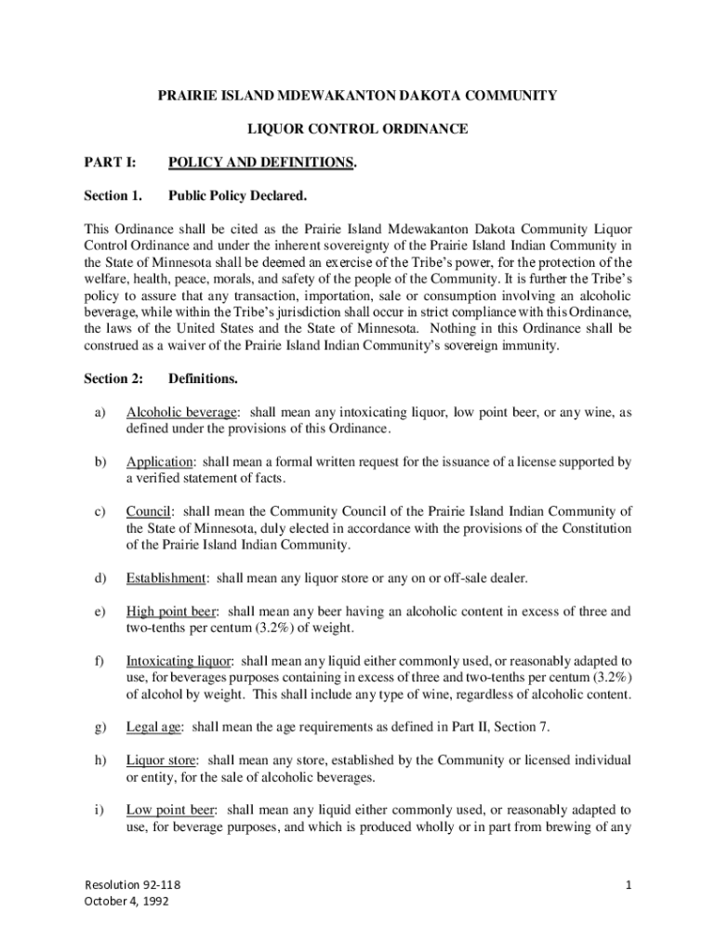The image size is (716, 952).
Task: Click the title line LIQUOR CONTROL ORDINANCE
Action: [x=357, y=128]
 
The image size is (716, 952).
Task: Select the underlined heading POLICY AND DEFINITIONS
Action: [x=260, y=163]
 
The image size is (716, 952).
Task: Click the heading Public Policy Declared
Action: [x=237, y=196]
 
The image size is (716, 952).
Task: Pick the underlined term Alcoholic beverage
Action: [x=182, y=412]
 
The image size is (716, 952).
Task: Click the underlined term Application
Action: [x=160, y=462]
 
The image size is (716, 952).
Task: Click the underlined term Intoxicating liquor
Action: [x=180, y=661]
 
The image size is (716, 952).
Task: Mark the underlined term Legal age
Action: [x=154, y=727]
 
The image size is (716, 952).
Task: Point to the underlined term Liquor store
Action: [x=161, y=760]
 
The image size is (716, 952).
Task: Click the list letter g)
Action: [x=99, y=727]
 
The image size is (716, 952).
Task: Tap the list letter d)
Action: [x=99, y=578]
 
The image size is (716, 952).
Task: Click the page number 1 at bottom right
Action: [x=628, y=885]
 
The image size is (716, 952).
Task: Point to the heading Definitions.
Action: [x=203, y=378]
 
